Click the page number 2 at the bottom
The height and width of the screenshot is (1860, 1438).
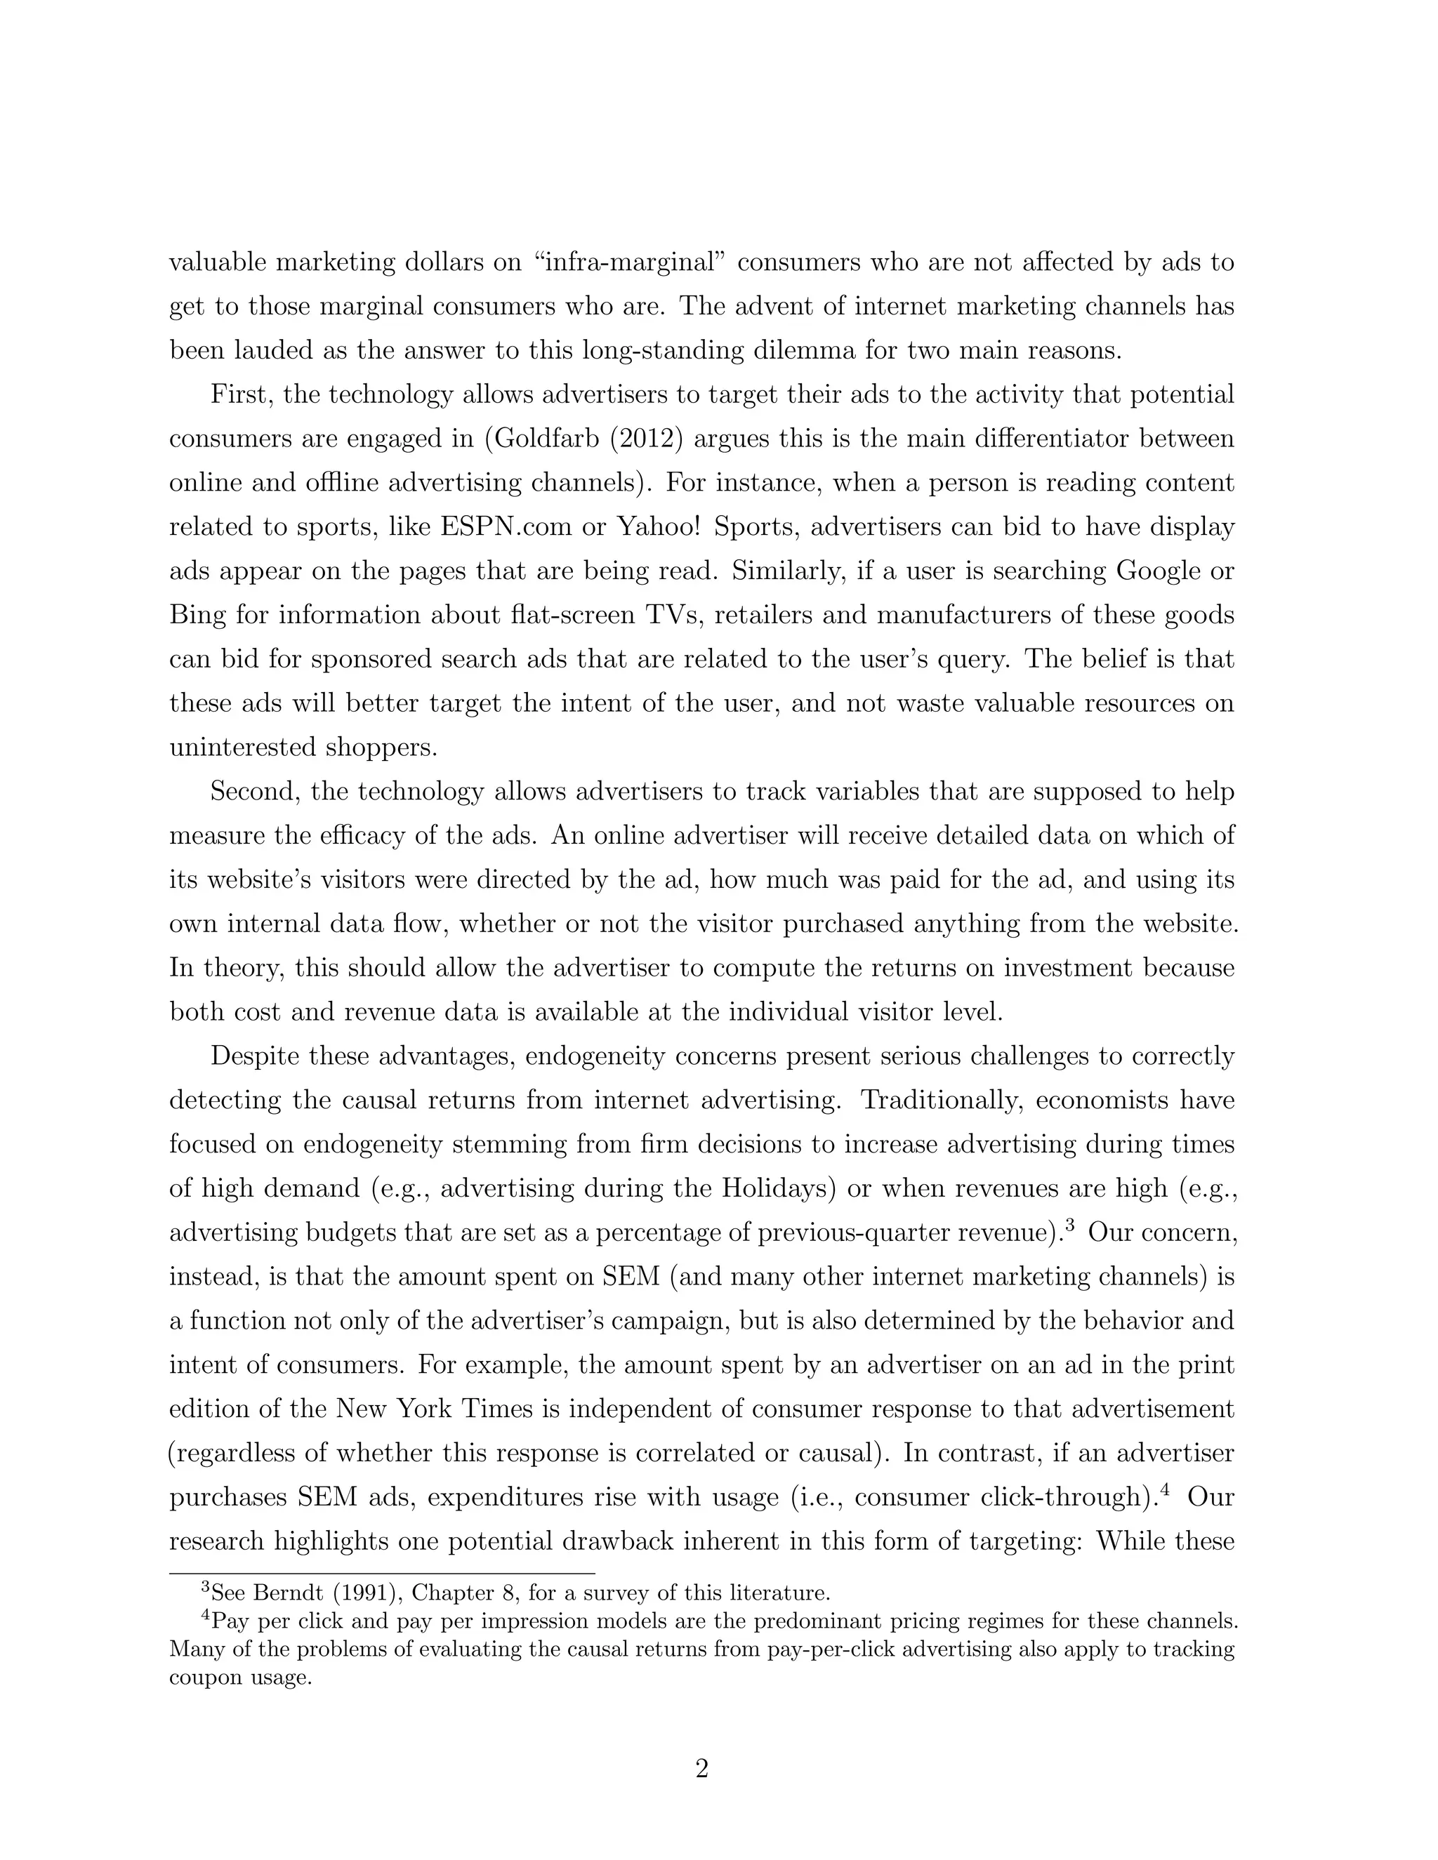click(x=702, y=1769)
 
